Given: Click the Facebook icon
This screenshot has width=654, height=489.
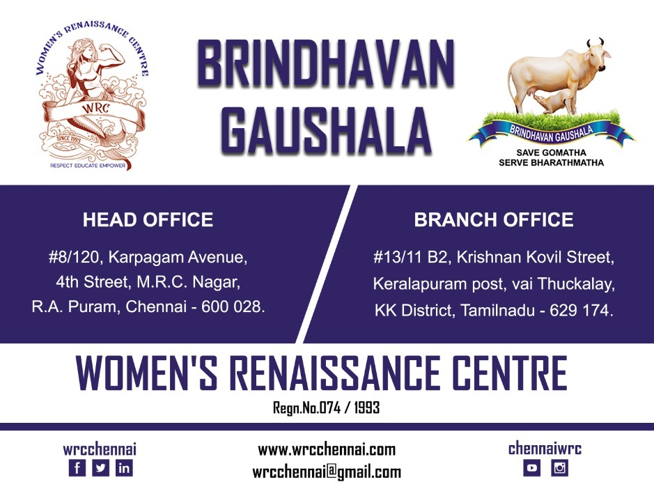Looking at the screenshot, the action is [x=77, y=467].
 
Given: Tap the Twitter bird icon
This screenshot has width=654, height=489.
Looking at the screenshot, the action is [x=100, y=467].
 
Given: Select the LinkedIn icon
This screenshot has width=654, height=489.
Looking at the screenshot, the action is [x=124, y=467].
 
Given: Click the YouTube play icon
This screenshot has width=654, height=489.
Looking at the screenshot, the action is [x=532, y=467].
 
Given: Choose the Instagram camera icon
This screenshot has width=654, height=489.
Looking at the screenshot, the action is [x=559, y=467].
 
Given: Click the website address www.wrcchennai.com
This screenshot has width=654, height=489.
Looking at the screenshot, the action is [x=327, y=450].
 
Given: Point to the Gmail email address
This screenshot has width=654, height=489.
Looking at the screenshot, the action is [x=327, y=472].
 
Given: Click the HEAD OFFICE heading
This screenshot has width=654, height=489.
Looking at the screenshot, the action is [x=148, y=219].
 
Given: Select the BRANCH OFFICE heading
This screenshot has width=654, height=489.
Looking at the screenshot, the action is [x=493, y=219].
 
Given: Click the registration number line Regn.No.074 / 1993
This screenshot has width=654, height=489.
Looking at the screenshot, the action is [x=326, y=407].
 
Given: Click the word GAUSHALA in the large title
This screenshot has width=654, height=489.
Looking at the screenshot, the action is [x=326, y=130].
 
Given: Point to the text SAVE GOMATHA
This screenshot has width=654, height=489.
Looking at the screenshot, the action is [x=551, y=153].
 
